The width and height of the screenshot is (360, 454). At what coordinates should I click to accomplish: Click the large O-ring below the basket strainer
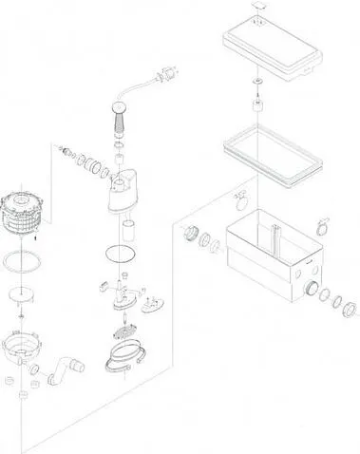click(x=20, y=260)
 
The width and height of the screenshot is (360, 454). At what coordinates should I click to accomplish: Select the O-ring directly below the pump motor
click(x=121, y=255)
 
